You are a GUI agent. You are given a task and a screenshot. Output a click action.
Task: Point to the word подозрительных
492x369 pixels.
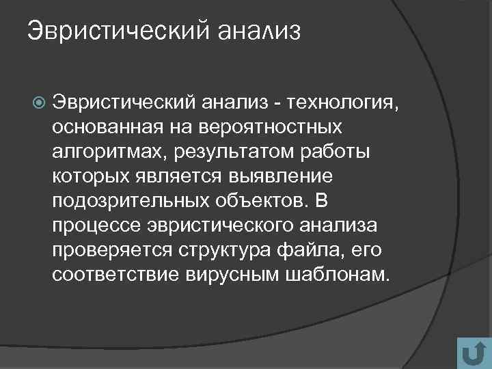click(x=127, y=202)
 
